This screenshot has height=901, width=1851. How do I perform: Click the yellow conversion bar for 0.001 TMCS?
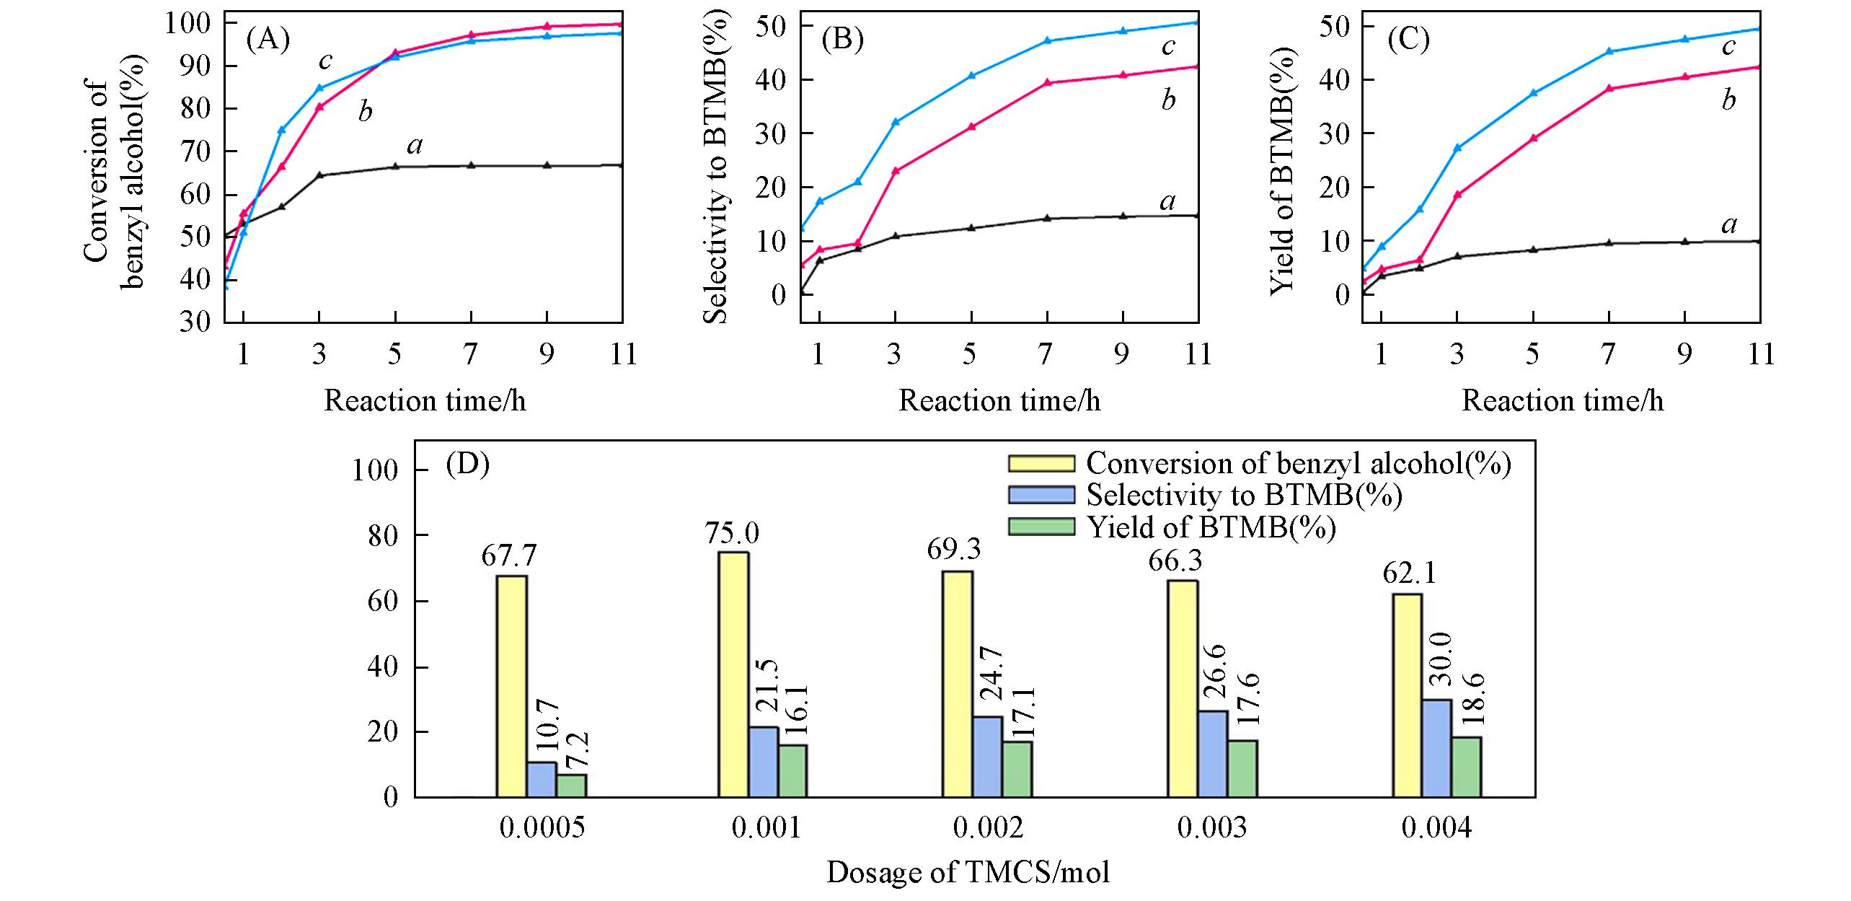733,674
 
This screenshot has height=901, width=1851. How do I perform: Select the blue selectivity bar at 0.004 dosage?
1437,748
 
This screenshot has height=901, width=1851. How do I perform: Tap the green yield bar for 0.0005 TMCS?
571,786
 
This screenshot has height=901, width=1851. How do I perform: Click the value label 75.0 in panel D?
733,534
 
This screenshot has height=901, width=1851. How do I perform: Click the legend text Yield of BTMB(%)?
1211,528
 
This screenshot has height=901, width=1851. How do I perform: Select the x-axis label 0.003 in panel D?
1211,828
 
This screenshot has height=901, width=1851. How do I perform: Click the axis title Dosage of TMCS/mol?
968,872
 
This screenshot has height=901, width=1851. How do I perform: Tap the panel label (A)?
268,39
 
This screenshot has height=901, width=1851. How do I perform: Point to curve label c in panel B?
1168,46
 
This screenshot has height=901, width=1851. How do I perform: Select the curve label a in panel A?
415,146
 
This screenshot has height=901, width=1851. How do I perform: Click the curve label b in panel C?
1728,100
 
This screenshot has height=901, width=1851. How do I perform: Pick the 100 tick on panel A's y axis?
191,23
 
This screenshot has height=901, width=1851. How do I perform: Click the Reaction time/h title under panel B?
999,400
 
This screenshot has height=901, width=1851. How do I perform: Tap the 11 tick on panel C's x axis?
1760,354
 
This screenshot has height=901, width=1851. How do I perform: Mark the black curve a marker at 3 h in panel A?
319,175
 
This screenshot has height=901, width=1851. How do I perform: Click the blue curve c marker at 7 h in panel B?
1047,41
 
